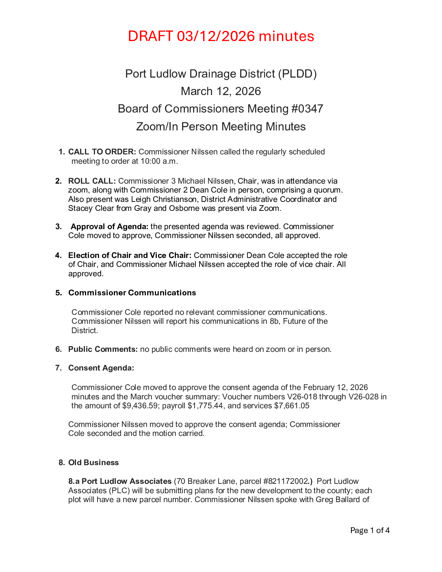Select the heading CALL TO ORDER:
pos(102,152)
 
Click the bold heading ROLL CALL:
pos(92,181)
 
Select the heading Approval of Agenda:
pos(109,227)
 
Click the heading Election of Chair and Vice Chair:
pos(130,256)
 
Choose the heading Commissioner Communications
pos(132,293)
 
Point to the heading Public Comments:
pos(103,349)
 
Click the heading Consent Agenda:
pos(101,368)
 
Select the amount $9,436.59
pos(141,406)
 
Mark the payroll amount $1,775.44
pos(206,406)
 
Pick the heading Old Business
pos(93,463)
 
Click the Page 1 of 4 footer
pos(370,531)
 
